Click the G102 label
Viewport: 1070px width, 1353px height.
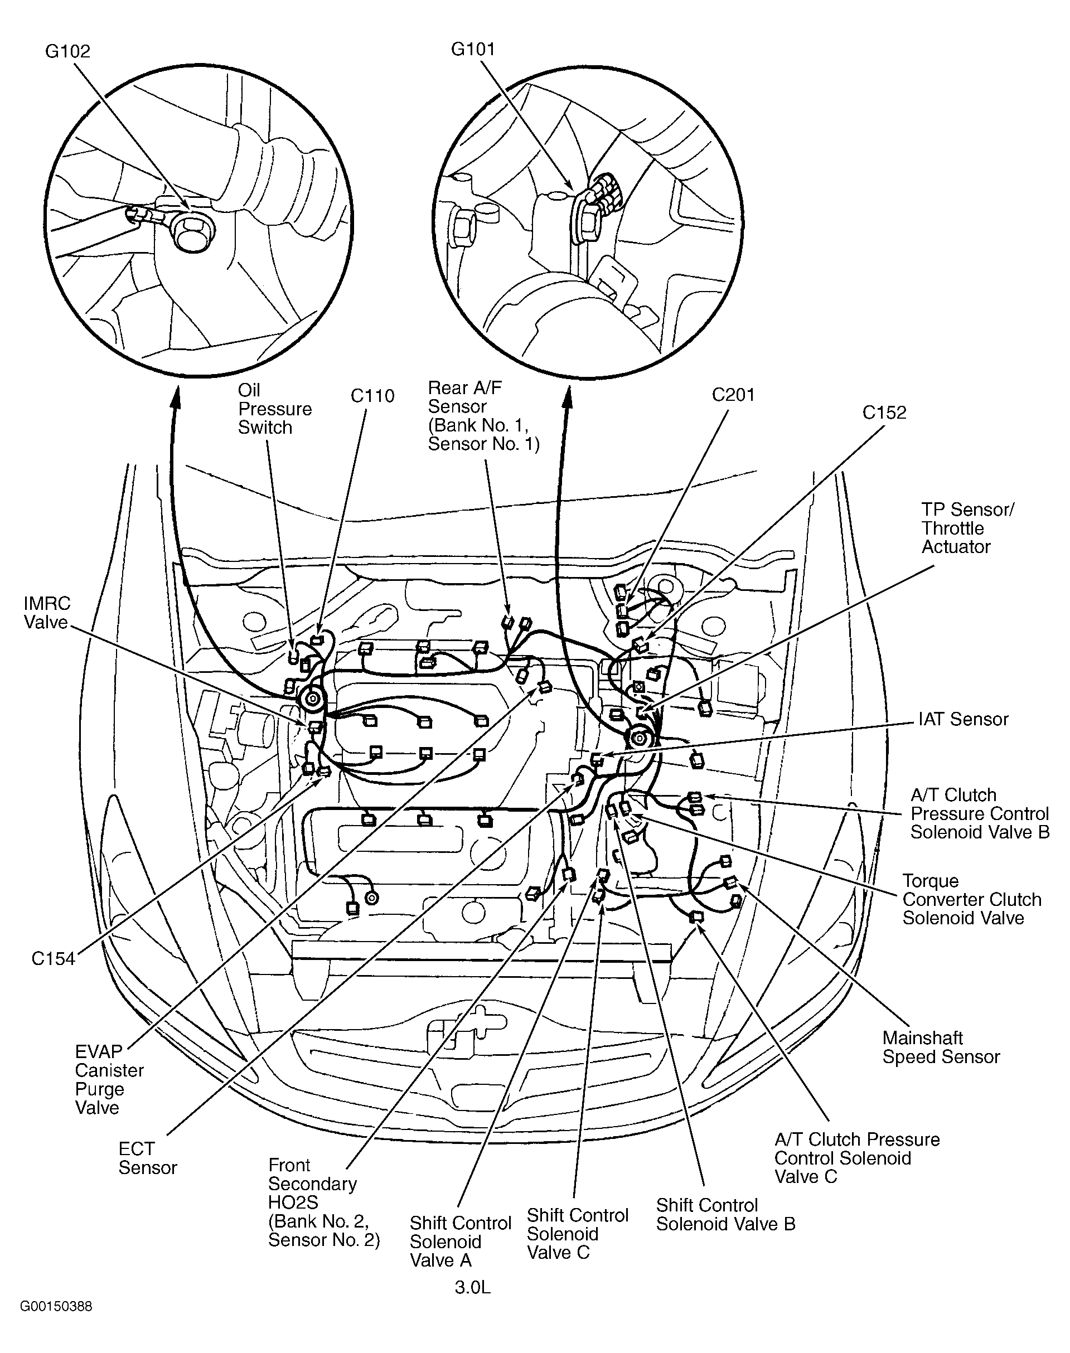point(67,51)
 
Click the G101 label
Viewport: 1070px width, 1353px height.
point(473,49)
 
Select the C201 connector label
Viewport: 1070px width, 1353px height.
point(733,395)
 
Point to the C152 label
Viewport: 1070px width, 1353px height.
point(884,412)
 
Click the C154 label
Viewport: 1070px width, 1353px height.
point(54,958)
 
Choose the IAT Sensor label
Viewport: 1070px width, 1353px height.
point(964,719)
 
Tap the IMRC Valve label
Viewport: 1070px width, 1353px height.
point(46,613)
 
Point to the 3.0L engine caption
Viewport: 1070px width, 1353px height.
point(472,1288)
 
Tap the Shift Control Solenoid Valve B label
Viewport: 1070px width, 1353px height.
point(725,1215)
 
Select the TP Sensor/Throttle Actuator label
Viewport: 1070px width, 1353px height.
point(967,528)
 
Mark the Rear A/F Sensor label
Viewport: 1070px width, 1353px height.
point(483,416)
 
